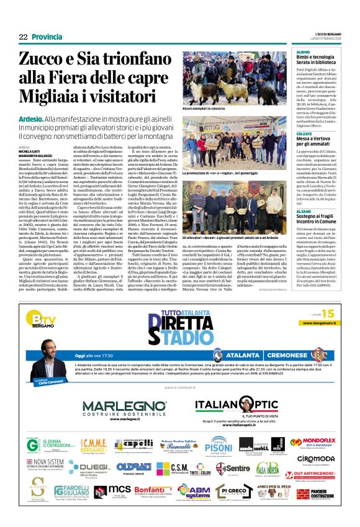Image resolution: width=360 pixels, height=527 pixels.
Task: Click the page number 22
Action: [x=23, y=37]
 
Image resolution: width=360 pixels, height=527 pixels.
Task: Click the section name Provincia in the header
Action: [x=47, y=37]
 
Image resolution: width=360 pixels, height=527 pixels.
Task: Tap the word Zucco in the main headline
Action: [x=44, y=60]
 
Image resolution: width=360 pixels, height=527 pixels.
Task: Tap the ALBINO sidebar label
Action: [x=303, y=52]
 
